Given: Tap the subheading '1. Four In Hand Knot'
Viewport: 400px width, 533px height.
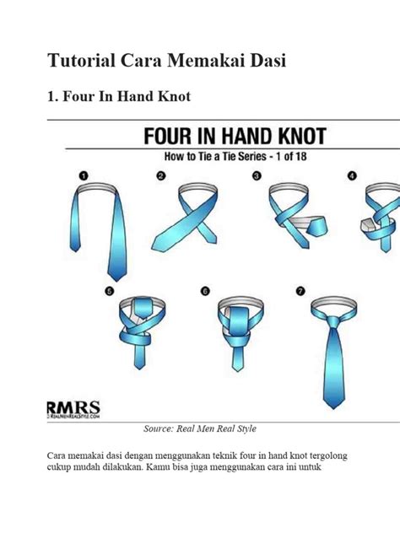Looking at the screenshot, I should (x=118, y=97).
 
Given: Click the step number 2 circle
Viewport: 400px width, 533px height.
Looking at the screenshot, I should (x=161, y=175).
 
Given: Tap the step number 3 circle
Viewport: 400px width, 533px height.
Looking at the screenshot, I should (x=257, y=175).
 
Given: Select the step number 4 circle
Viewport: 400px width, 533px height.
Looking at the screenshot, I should (x=352, y=175).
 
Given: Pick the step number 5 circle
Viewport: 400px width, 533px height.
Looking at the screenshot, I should (x=109, y=291).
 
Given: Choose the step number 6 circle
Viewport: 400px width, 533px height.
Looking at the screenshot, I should (x=204, y=291).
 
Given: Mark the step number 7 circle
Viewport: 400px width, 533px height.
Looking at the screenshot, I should (x=299, y=291).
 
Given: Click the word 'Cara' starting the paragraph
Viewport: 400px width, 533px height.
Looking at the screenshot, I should (x=60, y=456).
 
